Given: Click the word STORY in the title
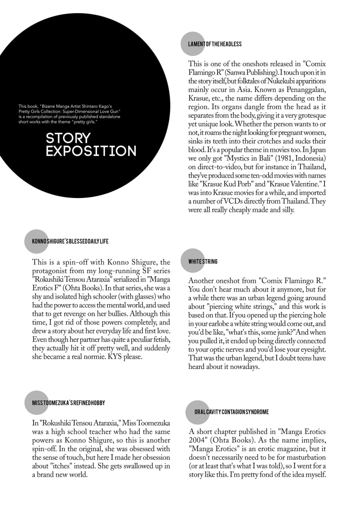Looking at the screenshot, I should pyautogui.click(x=68, y=138).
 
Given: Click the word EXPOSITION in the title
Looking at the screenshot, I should pyautogui.click(x=91, y=151).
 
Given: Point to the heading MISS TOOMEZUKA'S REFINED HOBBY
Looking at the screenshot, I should pyautogui.click(x=69, y=403).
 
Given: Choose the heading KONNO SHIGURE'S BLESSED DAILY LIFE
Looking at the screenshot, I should pyautogui.click(x=70, y=241).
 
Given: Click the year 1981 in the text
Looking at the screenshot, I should pyautogui.click(x=271, y=158).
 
